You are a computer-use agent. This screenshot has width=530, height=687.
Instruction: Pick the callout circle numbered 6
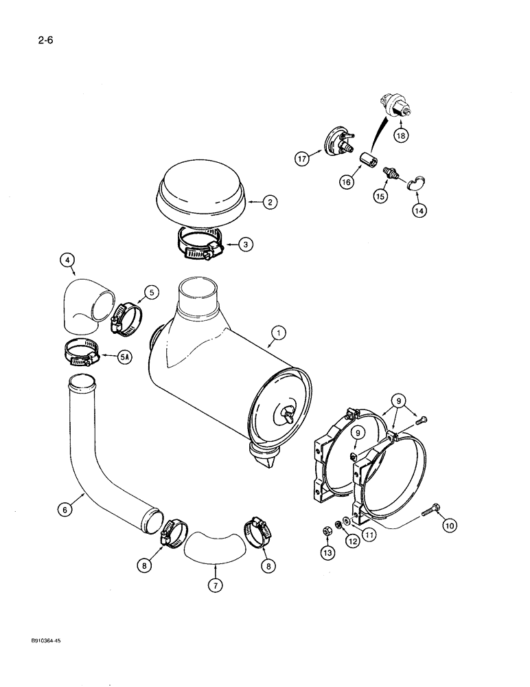coord(65,509)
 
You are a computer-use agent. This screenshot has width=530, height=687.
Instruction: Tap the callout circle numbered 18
coord(400,135)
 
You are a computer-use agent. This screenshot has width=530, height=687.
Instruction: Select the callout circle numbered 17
coord(302,159)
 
